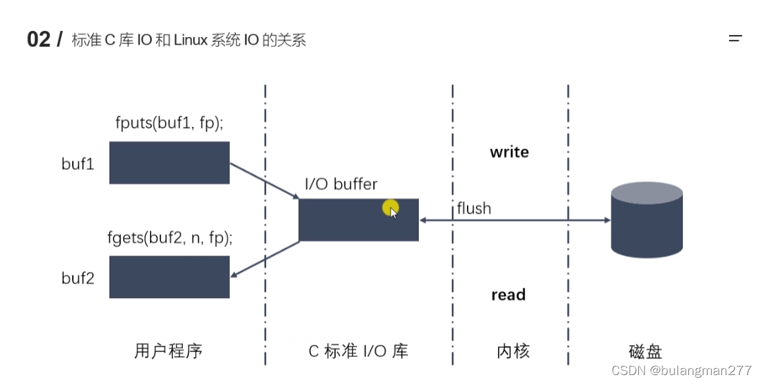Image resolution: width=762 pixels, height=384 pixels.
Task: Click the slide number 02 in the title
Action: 39,40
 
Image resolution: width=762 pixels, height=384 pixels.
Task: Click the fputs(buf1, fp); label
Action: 170,124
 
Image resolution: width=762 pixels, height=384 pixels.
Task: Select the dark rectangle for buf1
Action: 169,163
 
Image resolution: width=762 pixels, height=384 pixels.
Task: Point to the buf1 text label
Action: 77,165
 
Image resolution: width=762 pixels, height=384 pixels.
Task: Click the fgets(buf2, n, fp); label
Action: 170,238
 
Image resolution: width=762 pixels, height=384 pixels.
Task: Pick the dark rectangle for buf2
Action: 169,277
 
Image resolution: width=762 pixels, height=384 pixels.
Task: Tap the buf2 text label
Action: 78,279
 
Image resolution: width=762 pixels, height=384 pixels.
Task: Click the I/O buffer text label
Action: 341,184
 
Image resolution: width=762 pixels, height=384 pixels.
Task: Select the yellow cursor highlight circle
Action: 391,207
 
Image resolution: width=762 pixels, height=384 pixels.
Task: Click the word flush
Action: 474,207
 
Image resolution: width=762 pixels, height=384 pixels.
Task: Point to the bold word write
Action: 509,153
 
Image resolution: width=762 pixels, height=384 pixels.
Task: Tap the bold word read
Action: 508,295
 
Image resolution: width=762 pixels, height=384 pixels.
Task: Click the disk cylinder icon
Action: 646,220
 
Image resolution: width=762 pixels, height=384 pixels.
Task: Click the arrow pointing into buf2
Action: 264,260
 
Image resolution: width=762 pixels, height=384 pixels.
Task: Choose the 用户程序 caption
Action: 168,351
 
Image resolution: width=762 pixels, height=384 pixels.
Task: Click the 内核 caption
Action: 513,351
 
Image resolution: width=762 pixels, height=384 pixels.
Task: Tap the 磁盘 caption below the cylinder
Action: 645,352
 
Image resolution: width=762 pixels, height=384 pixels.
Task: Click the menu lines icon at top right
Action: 735,39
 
